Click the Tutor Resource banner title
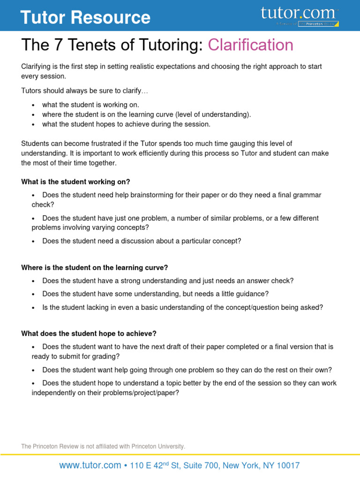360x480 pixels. coord(85,17)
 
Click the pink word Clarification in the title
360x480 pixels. coord(251,45)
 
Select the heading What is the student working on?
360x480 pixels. coord(75,181)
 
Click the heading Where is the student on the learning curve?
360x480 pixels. coord(94,268)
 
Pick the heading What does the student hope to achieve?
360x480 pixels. coord(89,333)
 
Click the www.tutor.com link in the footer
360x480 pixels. coord(90,465)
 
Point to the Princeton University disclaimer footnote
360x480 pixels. coord(103,446)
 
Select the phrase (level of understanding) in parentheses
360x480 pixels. coord(212,114)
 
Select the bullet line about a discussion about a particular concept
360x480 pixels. coord(142,241)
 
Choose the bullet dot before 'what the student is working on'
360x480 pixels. coord(33,105)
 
